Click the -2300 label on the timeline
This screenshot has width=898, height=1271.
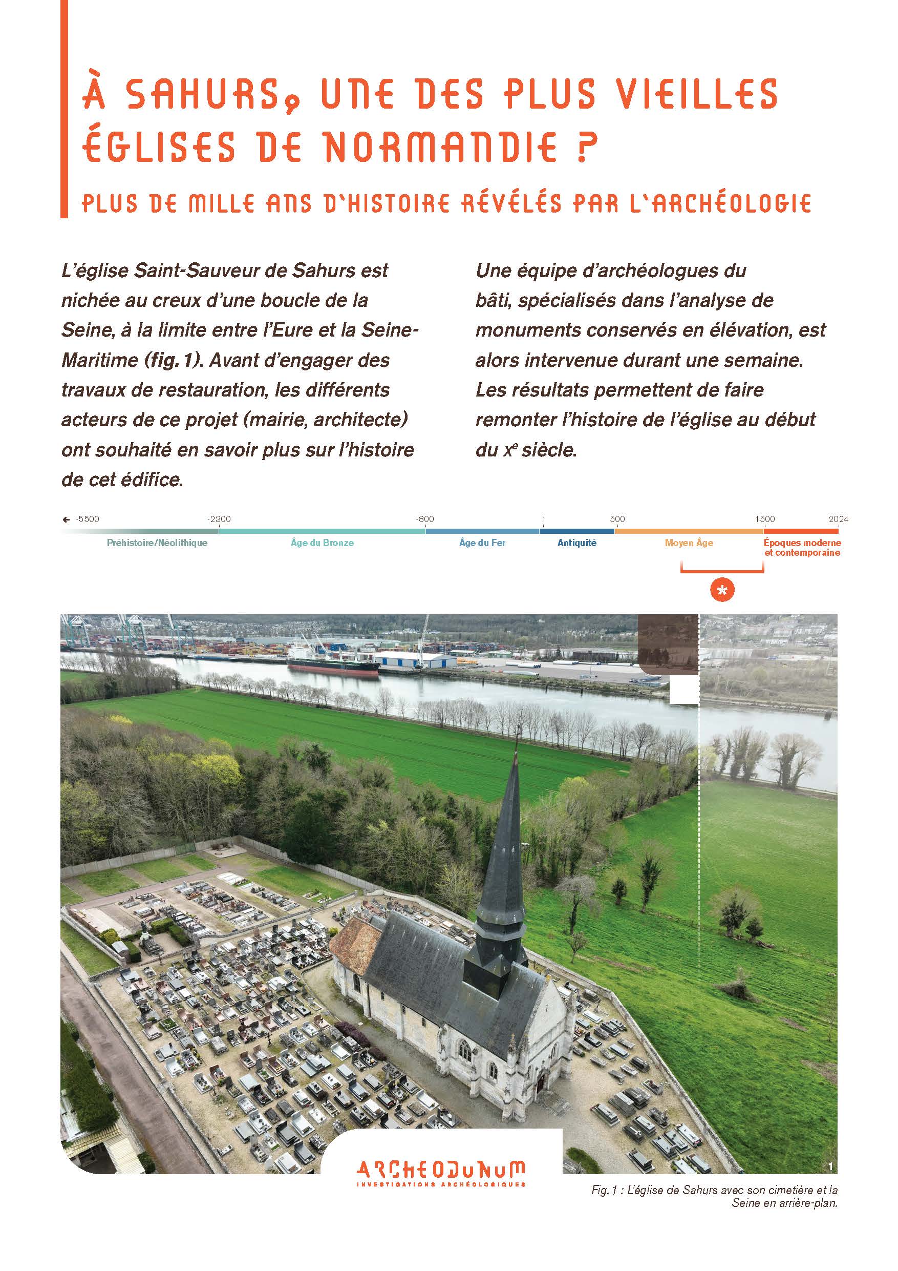click(x=219, y=519)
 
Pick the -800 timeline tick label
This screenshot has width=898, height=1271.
click(x=425, y=519)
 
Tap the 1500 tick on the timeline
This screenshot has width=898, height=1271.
click(x=765, y=519)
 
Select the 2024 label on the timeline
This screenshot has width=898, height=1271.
click(x=838, y=519)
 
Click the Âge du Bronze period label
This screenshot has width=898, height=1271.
click(x=322, y=543)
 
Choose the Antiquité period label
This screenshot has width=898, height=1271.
click(x=576, y=543)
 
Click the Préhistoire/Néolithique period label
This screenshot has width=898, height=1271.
click(x=157, y=543)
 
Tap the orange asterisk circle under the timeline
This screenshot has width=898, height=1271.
click(x=722, y=591)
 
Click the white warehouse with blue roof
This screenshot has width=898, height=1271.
click(x=415, y=660)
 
